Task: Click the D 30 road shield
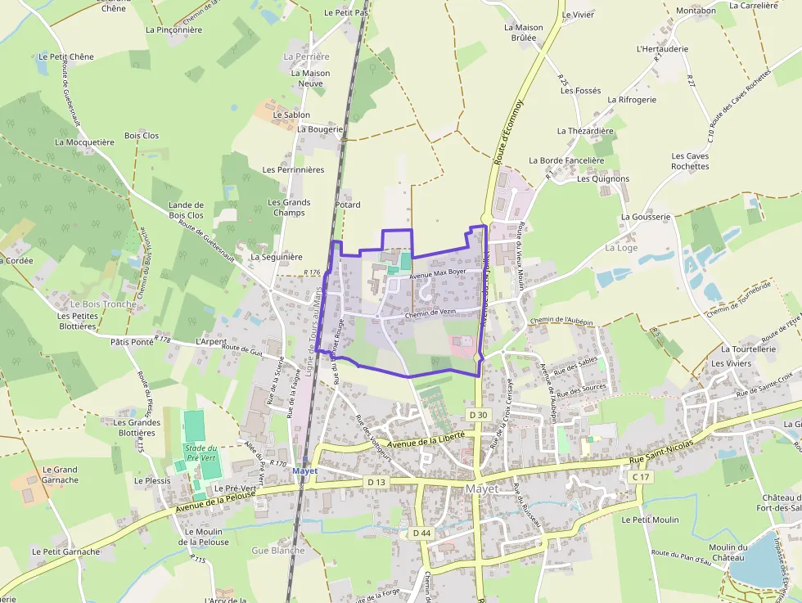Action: (479, 416)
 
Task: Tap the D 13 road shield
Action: (376, 482)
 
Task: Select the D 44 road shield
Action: (421, 533)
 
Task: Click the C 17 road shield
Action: (640, 477)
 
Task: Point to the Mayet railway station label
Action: (304, 471)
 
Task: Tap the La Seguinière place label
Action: (277, 256)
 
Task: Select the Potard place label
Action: (348, 205)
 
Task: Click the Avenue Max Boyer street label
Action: (438, 273)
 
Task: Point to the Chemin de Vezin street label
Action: (430, 313)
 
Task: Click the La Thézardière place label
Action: (585, 131)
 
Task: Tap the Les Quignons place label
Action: (603, 178)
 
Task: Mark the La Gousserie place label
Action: (646, 217)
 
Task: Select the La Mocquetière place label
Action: (84, 142)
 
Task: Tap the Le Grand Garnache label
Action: (60, 475)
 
